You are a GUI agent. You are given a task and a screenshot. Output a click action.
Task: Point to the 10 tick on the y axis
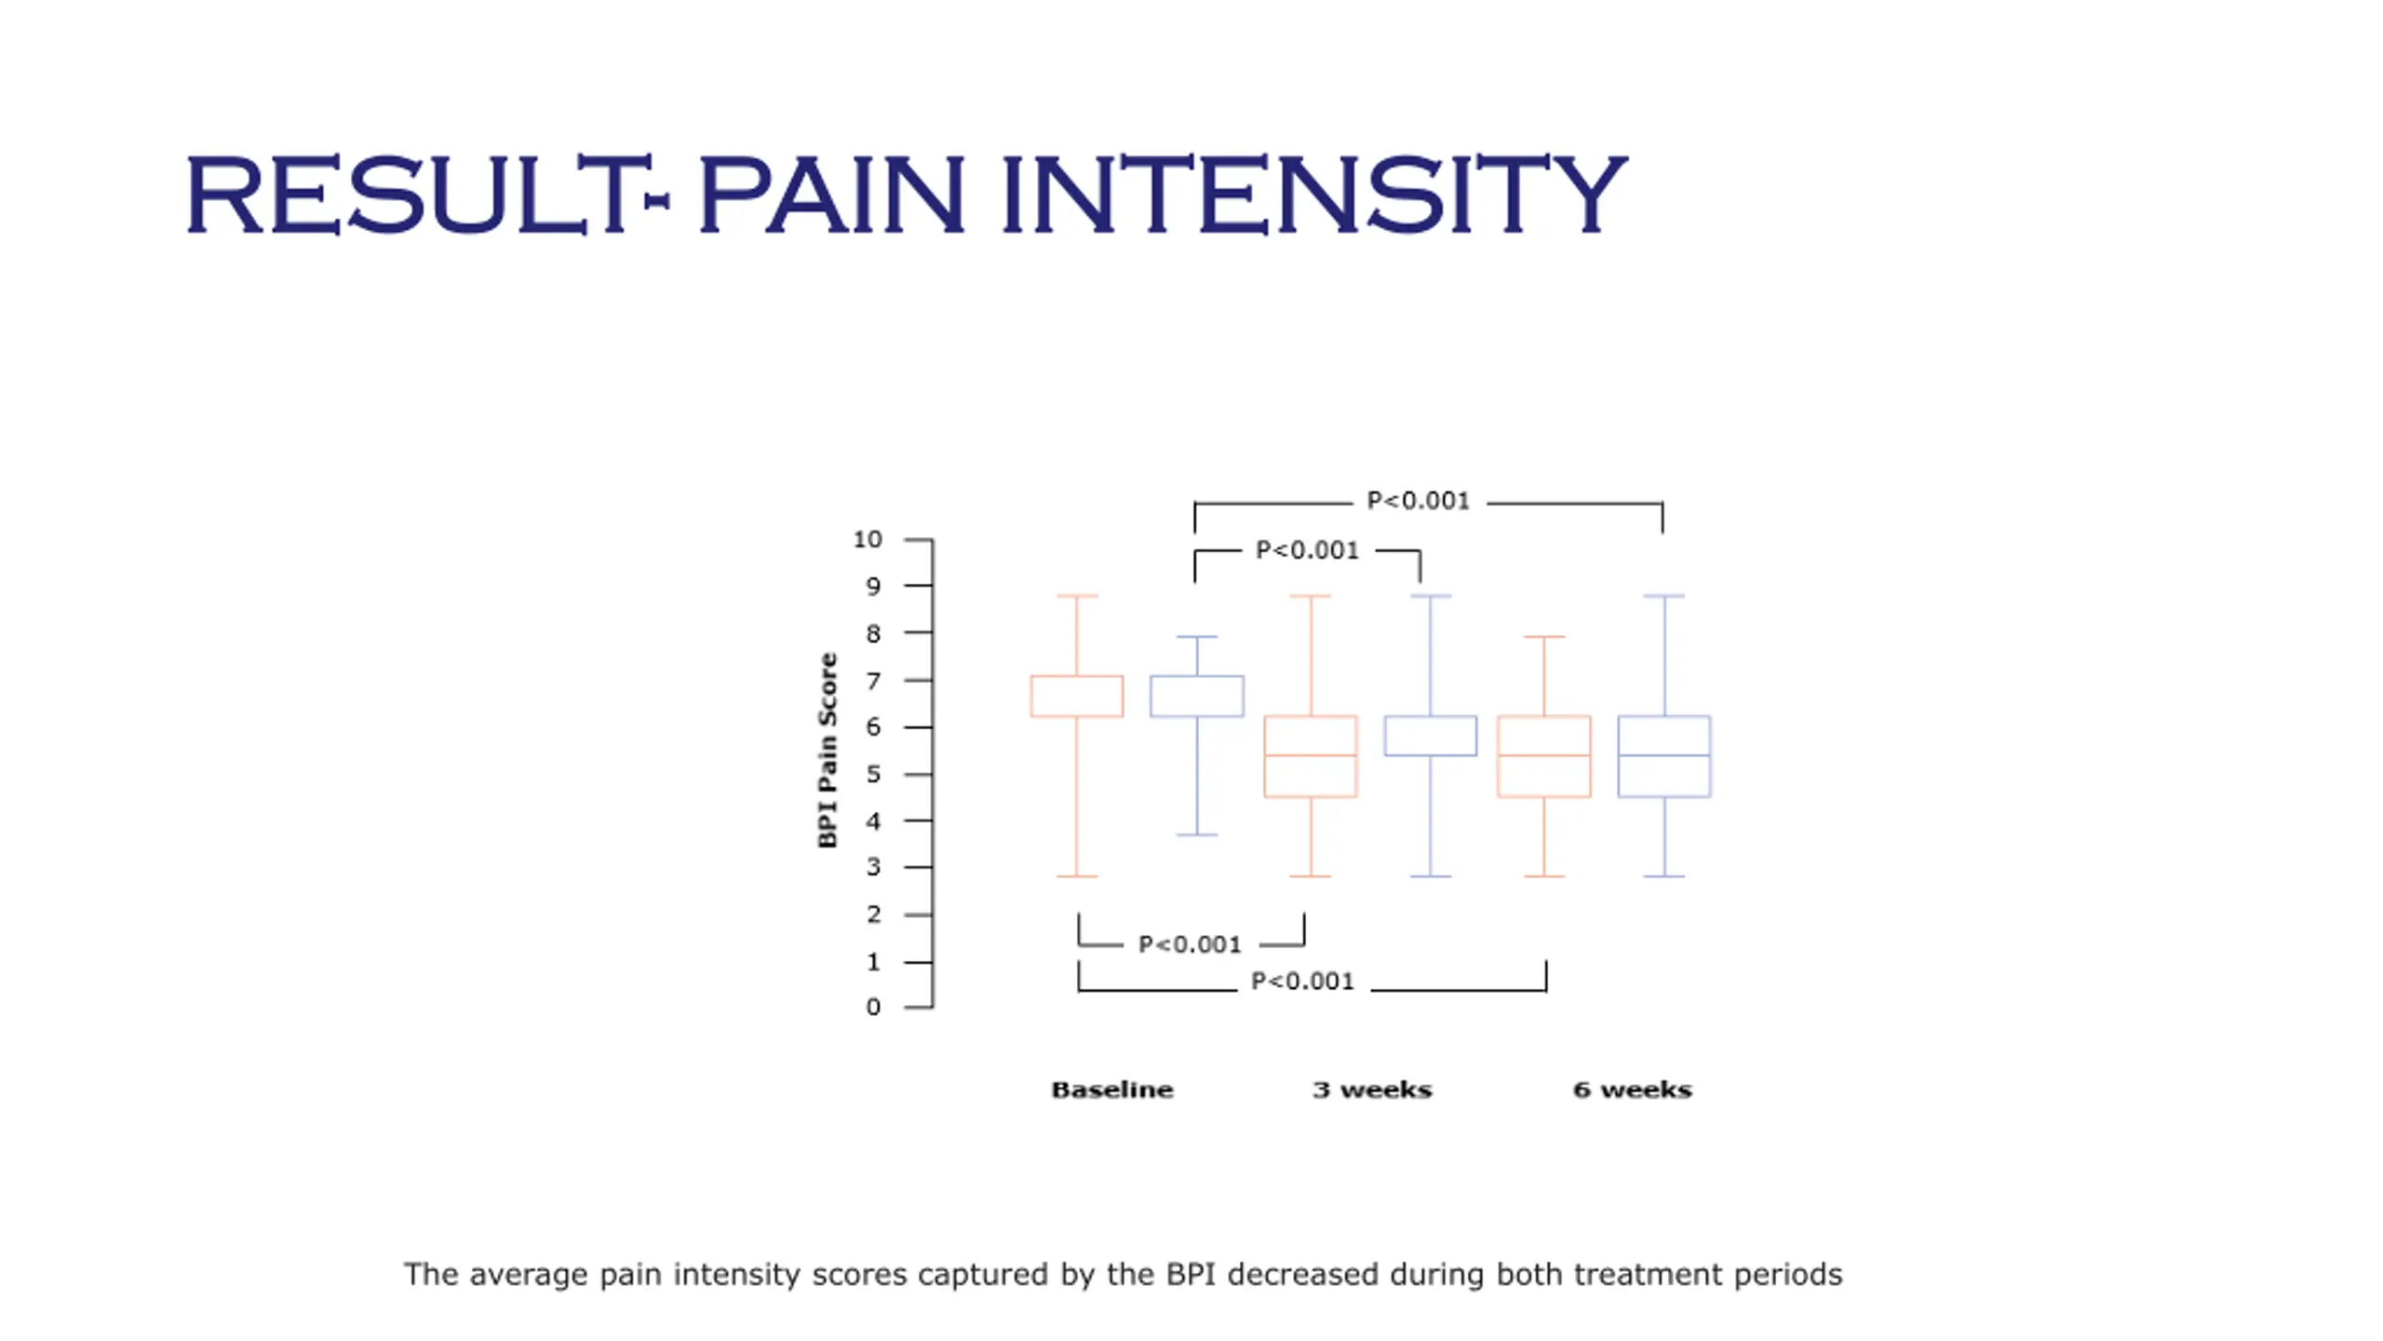click(x=868, y=539)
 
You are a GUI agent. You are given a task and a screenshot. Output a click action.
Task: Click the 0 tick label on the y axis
click(x=873, y=1007)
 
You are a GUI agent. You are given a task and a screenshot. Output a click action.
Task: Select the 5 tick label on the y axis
click(x=873, y=774)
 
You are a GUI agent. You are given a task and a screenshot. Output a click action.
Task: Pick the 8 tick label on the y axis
click(x=873, y=633)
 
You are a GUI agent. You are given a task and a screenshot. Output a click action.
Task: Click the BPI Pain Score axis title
click(x=828, y=751)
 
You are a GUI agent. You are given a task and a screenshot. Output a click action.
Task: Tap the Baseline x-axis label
click(x=1112, y=1090)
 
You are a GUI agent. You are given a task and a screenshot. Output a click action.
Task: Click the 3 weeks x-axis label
click(x=1372, y=1090)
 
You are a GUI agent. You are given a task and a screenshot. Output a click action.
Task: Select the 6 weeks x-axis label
click(x=1633, y=1090)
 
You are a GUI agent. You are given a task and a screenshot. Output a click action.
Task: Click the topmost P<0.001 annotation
click(x=1418, y=501)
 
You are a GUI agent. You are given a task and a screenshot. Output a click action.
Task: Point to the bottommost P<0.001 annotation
click(x=1302, y=982)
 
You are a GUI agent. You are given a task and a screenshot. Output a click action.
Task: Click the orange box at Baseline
click(x=1077, y=696)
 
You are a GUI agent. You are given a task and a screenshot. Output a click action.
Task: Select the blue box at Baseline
click(x=1197, y=696)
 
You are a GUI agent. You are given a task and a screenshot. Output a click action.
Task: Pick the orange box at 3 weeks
click(x=1311, y=756)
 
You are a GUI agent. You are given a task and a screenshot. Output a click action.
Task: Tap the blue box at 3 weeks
click(x=1431, y=736)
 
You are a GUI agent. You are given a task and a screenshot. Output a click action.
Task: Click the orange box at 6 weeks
click(x=1544, y=756)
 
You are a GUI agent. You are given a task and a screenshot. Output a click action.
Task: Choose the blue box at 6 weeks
click(x=1664, y=756)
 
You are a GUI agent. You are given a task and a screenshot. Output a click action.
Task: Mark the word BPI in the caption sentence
click(x=1191, y=1274)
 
